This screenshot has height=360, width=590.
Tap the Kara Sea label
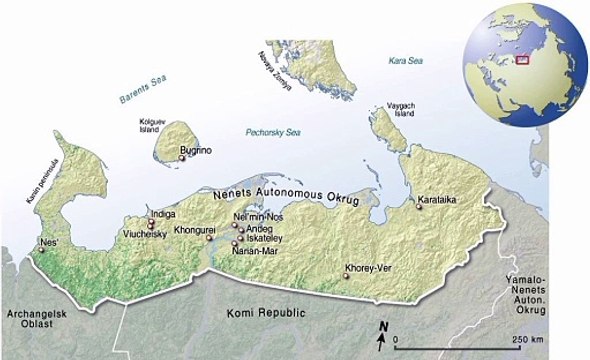tap(407, 62)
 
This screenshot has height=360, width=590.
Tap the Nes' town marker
tap(41, 251)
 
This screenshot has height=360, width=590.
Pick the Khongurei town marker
tap(210, 238)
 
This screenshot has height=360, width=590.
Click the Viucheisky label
tap(145, 233)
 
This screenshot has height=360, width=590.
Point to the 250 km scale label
tap(527, 340)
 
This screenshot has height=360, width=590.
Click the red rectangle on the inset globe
tap(520, 58)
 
